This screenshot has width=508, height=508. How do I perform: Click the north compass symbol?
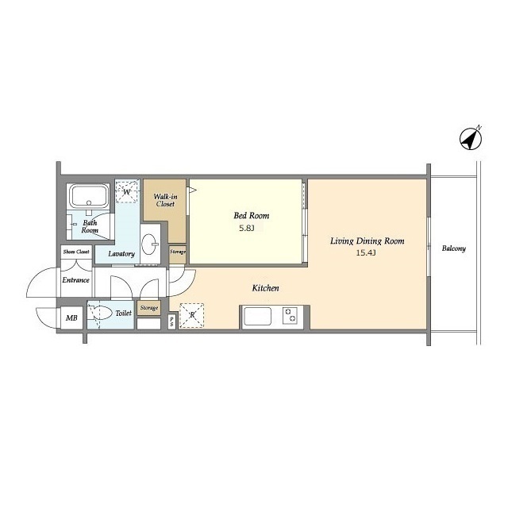point(471,139)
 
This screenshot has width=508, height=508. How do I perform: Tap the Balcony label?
point(453,248)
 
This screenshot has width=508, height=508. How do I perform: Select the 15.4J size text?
point(366,253)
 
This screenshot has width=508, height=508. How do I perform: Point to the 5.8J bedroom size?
point(247,228)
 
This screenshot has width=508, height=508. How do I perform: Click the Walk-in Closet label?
point(165,200)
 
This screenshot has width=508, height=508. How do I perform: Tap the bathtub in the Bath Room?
point(89,195)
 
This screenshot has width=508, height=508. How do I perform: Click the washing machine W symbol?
point(127,192)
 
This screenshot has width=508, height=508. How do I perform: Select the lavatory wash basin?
point(151,244)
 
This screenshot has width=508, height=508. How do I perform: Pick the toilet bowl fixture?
point(101,314)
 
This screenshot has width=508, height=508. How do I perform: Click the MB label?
point(71,317)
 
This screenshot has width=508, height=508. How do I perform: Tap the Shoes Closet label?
point(76,252)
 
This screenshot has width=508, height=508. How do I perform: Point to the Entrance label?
point(76,280)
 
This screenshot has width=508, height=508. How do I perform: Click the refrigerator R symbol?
point(192,315)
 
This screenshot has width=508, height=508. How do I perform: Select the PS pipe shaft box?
point(171,321)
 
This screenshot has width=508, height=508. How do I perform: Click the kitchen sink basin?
point(257,316)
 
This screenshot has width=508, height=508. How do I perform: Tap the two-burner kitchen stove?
point(290,316)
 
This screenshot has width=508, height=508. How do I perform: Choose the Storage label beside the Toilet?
point(149,308)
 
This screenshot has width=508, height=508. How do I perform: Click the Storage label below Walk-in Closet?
point(178,252)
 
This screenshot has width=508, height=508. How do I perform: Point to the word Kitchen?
point(265,287)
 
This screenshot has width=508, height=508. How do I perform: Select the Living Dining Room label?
point(367,241)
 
